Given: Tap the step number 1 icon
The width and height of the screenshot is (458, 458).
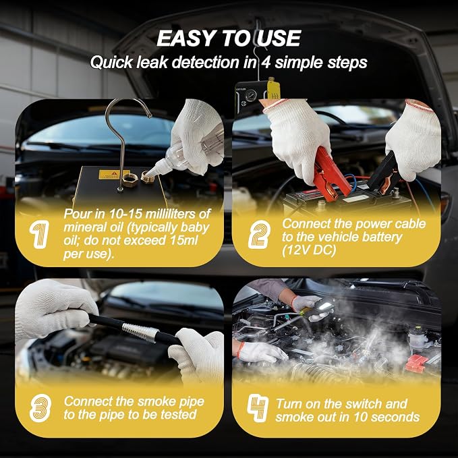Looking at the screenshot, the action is coord(39,235).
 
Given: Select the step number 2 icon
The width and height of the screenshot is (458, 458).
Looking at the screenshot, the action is coord(259,235).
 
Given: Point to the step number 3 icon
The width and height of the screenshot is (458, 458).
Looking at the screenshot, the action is coord(40,408).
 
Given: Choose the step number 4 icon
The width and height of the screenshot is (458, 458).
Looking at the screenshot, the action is coord(258,408).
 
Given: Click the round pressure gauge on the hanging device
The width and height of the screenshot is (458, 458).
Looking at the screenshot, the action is coord(251,95).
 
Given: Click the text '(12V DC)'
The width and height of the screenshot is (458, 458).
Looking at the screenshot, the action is coord(309,250).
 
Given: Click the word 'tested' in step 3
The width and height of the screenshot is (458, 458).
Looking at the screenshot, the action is coord(179,414).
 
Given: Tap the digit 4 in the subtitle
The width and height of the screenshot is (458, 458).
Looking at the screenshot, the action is coord(266,63).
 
